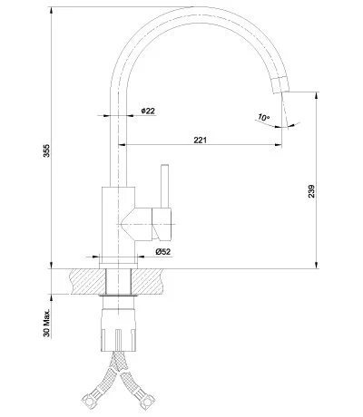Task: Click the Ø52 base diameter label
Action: click(163, 251)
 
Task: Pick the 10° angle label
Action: click(263, 119)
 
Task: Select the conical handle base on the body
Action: click(145, 219)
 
